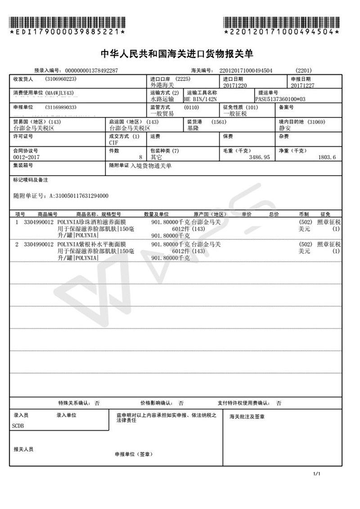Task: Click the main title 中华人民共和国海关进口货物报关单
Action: click(x=177, y=54)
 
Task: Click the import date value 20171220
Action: click(x=234, y=86)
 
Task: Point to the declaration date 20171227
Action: click(x=303, y=86)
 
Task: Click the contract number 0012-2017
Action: click(x=25, y=157)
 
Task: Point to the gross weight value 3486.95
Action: click(x=257, y=157)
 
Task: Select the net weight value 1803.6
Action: click(x=327, y=157)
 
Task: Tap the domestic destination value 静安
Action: click(x=284, y=128)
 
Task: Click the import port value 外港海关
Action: click(x=161, y=85)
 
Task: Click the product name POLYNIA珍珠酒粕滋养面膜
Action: click(x=92, y=222)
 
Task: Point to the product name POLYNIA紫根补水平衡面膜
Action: click(x=92, y=244)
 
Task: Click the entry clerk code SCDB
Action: click(x=18, y=425)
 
